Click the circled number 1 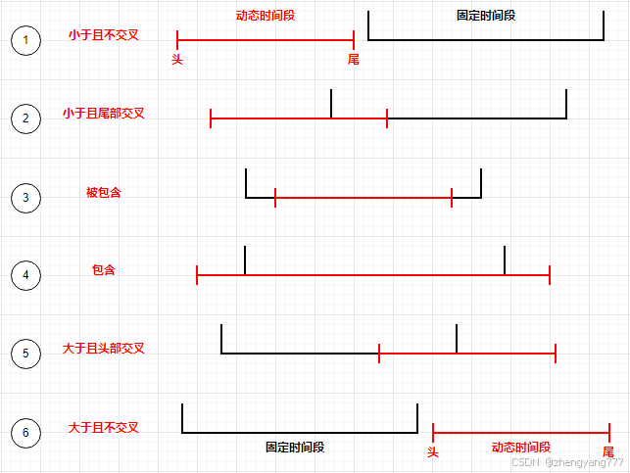click(25, 41)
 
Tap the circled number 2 click(25, 119)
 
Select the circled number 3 click(25, 198)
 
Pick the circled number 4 click(25, 275)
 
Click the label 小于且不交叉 click(104, 35)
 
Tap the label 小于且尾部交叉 click(104, 114)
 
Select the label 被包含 click(104, 193)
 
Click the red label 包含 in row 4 click(104, 270)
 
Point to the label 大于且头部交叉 click(104, 349)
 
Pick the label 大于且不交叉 click(104, 428)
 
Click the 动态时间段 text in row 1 click(266, 17)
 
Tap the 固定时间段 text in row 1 click(486, 17)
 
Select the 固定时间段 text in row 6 click(295, 448)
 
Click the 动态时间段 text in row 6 click(521, 447)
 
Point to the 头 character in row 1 click(177, 60)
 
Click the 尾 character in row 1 click(354, 60)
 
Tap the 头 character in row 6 click(433, 451)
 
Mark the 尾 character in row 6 click(608, 451)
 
